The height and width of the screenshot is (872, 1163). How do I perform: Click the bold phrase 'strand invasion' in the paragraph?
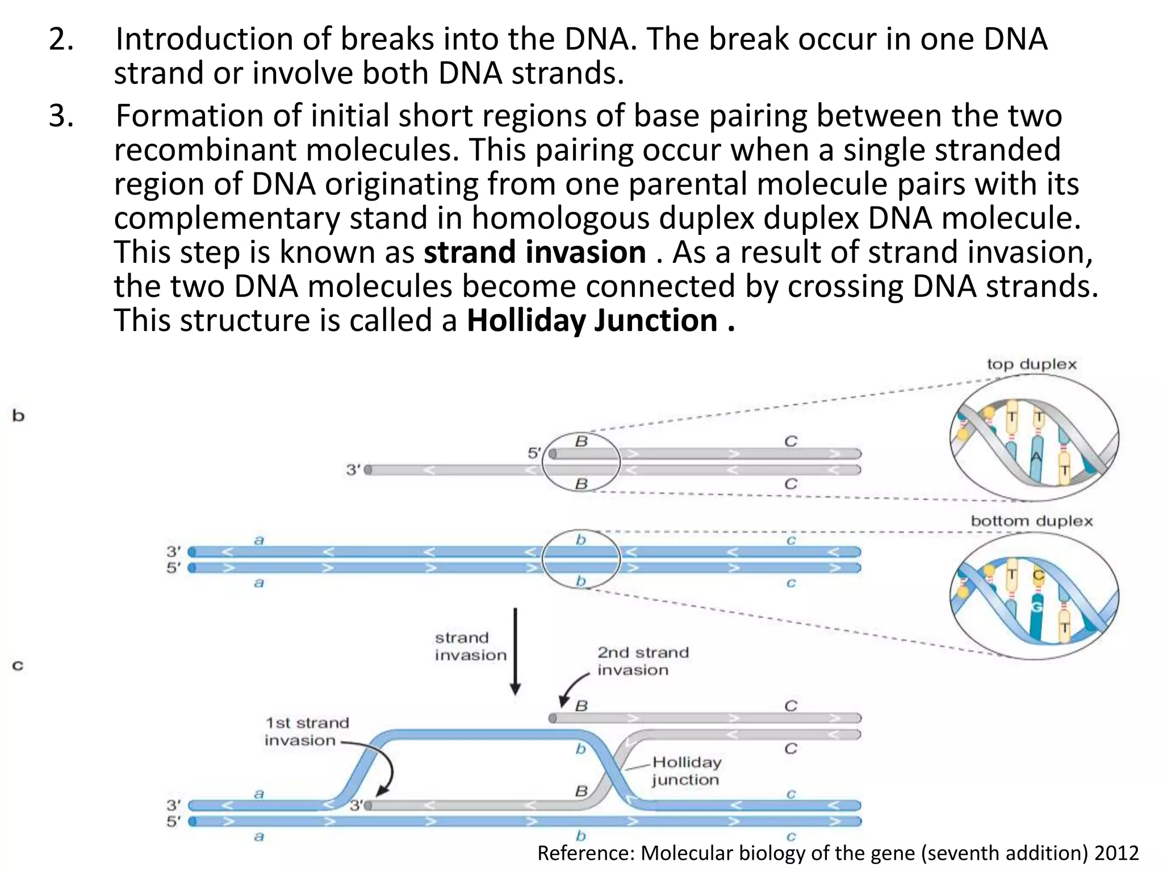[x=534, y=253]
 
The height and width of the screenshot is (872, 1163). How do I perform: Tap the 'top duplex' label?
[x=1031, y=364]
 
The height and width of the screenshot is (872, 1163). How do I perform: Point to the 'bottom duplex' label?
[x=1031, y=521]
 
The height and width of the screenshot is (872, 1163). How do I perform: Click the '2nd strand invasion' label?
[x=642, y=661]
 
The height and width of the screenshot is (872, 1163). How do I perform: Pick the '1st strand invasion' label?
[x=307, y=732]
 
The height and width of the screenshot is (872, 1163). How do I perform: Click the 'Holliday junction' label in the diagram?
[x=686, y=771]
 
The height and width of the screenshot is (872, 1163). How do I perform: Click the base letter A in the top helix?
[x=1036, y=457]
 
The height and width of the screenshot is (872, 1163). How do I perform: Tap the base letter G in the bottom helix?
[x=1036, y=607]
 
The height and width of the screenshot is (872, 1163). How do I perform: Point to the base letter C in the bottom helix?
[x=1038, y=575]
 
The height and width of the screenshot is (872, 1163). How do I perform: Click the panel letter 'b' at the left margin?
[x=19, y=416]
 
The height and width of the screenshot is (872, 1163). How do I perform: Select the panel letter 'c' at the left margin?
[x=18, y=665]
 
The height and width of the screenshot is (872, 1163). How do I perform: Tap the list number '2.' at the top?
[x=61, y=40]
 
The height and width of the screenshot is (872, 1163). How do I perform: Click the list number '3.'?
[x=61, y=116]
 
